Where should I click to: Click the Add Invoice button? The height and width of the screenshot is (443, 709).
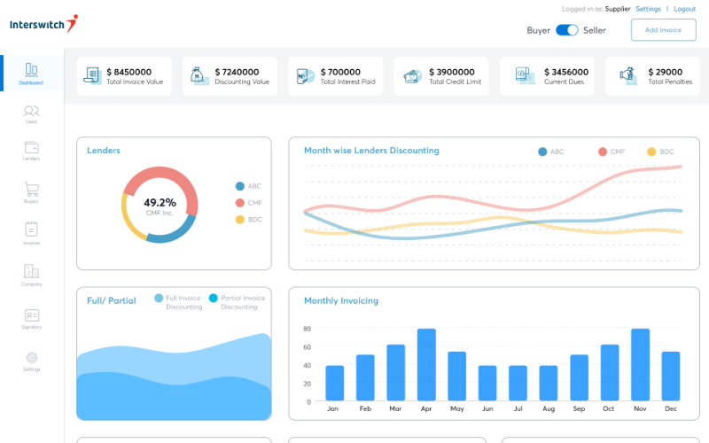pyautogui.click(x=663, y=30)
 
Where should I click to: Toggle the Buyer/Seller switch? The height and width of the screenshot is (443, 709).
pyautogui.click(x=566, y=30)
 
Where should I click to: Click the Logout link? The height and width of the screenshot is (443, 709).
pyautogui.click(x=684, y=9)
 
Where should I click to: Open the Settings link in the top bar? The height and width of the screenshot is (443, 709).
pyautogui.click(x=648, y=9)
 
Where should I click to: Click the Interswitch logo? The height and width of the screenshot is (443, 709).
pyautogui.click(x=43, y=24)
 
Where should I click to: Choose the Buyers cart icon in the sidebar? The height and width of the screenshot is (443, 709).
pyautogui.click(x=32, y=190)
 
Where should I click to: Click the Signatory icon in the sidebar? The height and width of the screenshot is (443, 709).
pyautogui.click(x=32, y=315)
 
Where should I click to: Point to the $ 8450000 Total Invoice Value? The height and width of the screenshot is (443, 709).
pyautogui.click(x=129, y=72)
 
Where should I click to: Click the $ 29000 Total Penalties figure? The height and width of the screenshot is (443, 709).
pyautogui.click(x=665, y=72)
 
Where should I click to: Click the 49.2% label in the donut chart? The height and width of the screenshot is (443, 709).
pyautogui.click(x=160, y=202)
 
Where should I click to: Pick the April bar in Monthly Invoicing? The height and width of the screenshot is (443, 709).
pyautogui.click(x=426, y=364)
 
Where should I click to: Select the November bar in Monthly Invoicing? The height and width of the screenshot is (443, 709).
pyautogui.click(x=640, y=364)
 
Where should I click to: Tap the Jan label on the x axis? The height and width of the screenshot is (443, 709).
pyautogui.click(x=333, y=409)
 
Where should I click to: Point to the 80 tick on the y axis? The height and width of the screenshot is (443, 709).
pyautogui.click(x=307, y=328)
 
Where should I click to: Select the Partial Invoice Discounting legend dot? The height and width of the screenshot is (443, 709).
pyautogui.click(x=214, y=299)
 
